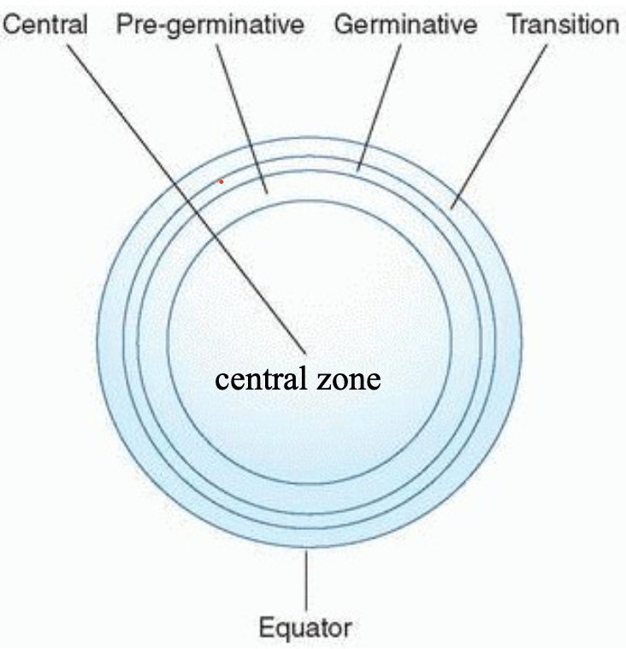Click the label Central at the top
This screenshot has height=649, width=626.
click(45, 24)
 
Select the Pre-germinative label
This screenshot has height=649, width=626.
click(210, 24)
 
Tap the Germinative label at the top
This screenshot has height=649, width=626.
click(405, 24)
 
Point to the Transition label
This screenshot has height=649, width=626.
click(562, 24)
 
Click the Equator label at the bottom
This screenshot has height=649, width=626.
click(305, 628)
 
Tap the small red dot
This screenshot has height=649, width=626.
click(221, 182)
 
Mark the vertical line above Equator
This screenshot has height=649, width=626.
click(305, 578)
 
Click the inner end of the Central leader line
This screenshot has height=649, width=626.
click(304, 351)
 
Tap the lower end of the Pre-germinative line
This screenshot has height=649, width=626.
click(267, 193)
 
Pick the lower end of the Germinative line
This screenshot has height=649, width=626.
click(360, 169)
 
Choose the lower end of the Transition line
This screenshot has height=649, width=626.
click(452, 207)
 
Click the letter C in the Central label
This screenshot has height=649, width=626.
click(12, 24)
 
